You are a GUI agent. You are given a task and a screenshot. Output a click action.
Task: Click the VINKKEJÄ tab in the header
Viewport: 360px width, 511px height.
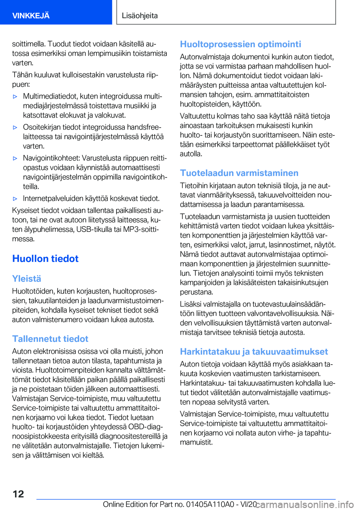[x=31, y=15]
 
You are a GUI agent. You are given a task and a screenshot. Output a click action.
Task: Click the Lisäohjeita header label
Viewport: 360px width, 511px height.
[x=140, y=15]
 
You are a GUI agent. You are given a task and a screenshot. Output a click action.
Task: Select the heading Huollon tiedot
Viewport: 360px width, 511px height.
[x=45, y=259]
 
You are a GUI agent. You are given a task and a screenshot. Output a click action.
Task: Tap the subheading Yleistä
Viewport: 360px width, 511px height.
[x=27, y=279]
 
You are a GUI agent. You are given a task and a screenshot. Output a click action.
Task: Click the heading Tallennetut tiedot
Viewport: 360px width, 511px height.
[x=50, y=339]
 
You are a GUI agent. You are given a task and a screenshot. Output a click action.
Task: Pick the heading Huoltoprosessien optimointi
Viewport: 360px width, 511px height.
[x=240, y=44]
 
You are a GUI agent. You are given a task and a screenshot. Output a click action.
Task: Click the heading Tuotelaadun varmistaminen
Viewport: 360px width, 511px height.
[x=239, y=173]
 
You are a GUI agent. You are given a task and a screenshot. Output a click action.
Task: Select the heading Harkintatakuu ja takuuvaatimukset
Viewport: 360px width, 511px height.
[x=254, y=352]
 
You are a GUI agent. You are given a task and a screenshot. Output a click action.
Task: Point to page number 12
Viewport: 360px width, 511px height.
[x=18, y=494]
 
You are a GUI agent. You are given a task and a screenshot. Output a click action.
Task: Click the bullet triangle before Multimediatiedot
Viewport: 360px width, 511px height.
[x=15, y=96]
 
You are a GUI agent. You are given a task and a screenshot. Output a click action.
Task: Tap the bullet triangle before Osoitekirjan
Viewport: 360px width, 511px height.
[x=15, y=127]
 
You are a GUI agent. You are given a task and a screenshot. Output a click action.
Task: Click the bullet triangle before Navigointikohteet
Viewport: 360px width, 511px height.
[x=15, y=158]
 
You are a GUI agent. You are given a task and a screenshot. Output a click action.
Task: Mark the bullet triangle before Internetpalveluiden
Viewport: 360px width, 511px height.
[x=15, y=199]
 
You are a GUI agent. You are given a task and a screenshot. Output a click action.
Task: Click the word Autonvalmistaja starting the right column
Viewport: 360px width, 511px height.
[x=204, y=57]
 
